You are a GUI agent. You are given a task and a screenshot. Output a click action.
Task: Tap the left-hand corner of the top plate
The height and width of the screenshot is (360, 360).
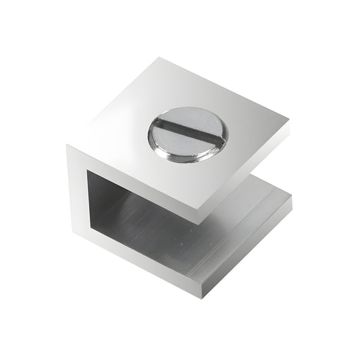pyautogui.click(x=67, y=144)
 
